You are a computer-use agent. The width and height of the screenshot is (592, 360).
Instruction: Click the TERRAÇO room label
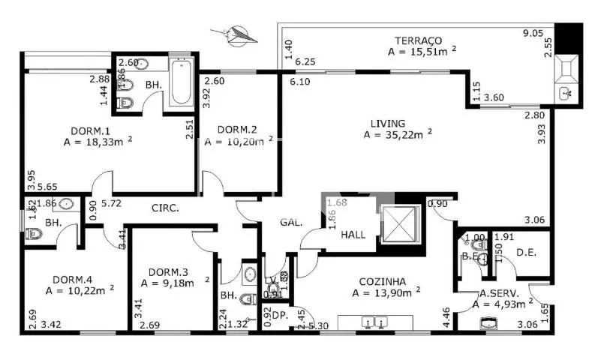(x=419, y=40)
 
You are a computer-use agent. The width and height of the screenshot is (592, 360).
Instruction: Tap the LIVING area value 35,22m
(x=398, y=135)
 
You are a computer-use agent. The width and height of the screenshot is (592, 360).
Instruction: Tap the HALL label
(x=353, y=235)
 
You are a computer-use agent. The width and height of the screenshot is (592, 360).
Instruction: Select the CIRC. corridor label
(x=164, y=208)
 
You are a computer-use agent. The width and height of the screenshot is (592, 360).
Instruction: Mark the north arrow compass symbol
(x=236, y=34)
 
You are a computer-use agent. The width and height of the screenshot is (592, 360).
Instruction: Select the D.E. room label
(x=525, y=252)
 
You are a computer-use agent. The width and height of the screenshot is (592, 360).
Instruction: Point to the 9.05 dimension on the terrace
(x=533, y=32)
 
